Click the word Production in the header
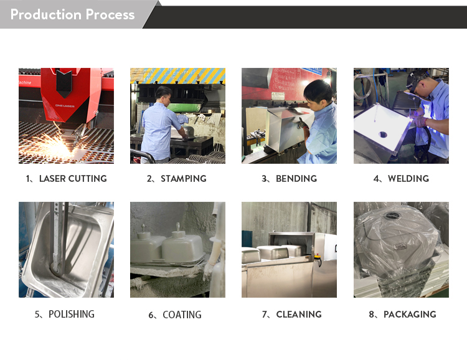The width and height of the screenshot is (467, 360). (46, 14)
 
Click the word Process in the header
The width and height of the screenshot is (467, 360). (110, 14)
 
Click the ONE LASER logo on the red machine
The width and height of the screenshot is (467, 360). (65, 106)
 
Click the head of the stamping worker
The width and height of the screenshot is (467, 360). (163, 94)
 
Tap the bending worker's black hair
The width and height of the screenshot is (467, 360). (318, 90)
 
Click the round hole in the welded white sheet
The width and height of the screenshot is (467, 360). (383, 135)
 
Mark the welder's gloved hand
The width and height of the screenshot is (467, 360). (420, 121)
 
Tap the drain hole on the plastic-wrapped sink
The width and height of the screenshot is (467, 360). (393, 216)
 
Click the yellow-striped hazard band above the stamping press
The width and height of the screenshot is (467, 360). (178, 76)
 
